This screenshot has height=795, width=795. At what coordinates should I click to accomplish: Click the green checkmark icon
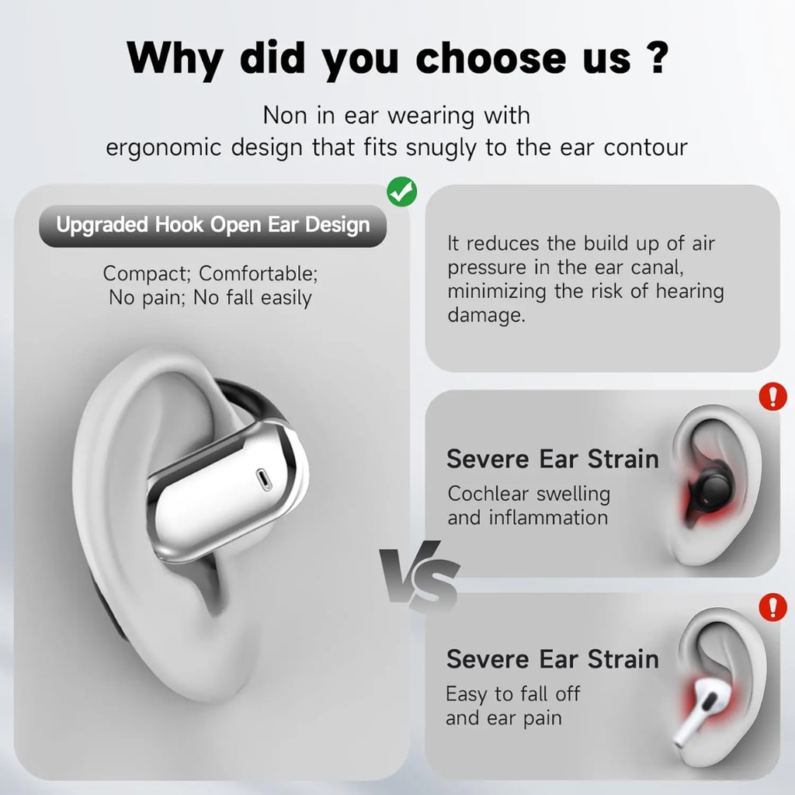402,191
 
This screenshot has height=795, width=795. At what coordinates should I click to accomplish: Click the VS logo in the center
420,575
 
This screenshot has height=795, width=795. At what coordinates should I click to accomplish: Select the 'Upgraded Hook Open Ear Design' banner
213,226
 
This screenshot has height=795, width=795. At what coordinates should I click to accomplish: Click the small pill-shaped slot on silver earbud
265,479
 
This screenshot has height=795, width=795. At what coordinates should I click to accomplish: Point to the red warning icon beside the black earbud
772,397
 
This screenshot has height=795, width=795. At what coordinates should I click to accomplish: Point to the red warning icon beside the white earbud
772,607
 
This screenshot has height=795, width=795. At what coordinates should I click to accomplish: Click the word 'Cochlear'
488,494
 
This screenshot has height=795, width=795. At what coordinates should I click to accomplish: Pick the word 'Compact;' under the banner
148,274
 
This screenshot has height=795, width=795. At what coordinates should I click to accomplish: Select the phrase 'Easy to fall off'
513,693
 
